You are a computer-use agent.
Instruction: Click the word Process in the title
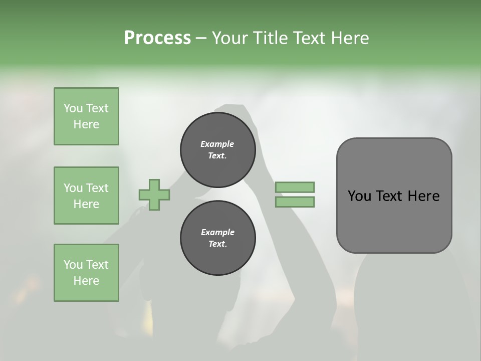(x=157, y=38)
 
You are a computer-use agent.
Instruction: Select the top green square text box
(x=86, y=116)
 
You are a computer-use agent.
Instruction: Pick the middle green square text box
(x=86, y=196)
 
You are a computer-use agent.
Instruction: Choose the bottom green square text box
(x=86, y=273)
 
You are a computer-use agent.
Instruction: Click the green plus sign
(x=154, y=195)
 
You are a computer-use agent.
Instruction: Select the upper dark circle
(x=218, y=150)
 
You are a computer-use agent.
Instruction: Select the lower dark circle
(x=218, y=238)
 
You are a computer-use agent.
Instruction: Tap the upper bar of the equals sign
(x=295, y=188)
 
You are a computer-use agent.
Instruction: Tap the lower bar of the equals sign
(x=295, y=202)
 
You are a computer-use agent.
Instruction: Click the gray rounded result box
(x=394, y=221)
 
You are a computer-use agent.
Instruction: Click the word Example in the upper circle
(x=217, y=144)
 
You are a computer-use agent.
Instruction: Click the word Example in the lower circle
(x=217, y=232)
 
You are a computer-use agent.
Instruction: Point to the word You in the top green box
(x=73, y=108)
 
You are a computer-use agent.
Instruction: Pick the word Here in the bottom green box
(x=86, y=281)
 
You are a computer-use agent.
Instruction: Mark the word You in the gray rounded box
(x=359, y=196)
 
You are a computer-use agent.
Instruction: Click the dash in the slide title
(x=201, y=38)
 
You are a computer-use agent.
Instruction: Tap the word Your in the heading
(x=229, y=38)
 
